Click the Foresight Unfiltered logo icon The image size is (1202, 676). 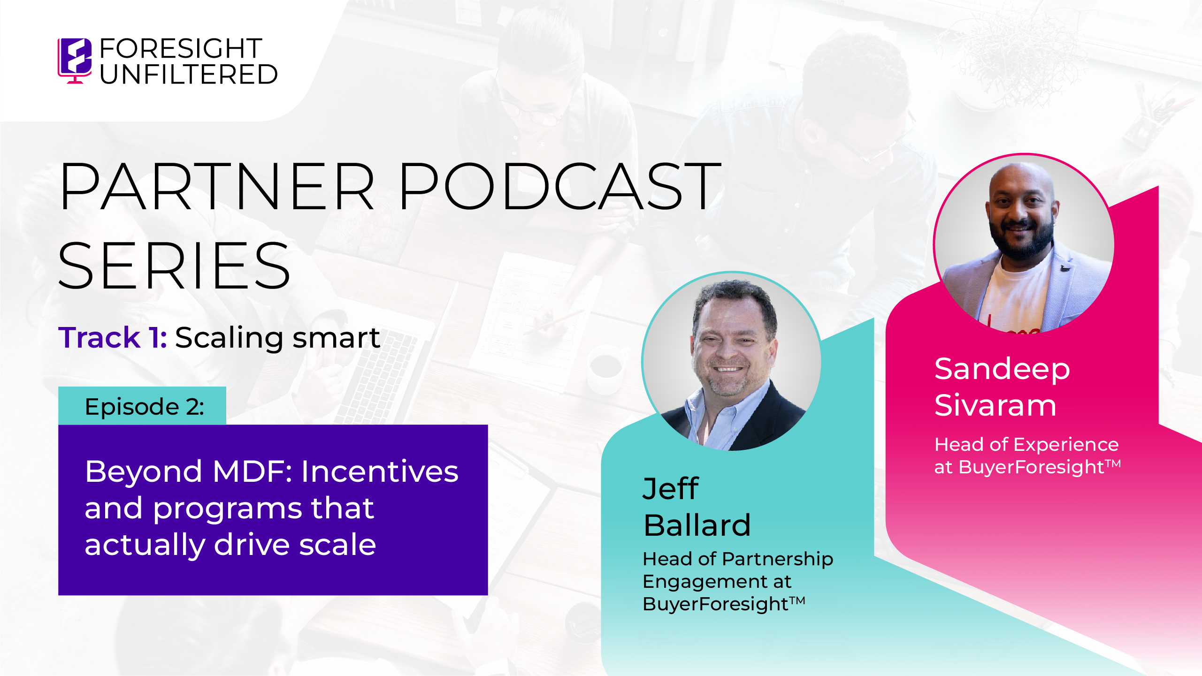tap(75, 61)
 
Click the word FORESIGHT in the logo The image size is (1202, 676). tap(181, 48)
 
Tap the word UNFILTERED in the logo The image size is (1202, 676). tap(189, 75)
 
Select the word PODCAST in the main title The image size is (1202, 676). tap(560, 186)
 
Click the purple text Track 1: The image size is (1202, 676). tap(113, 337)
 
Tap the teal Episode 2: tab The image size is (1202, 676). tap(142, 406)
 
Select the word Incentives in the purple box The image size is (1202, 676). tap(380, 471)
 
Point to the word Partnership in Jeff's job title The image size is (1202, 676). tap(778, 560)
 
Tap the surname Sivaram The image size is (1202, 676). tap(995, 405)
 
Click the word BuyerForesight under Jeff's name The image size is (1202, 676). tap(716, 604)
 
